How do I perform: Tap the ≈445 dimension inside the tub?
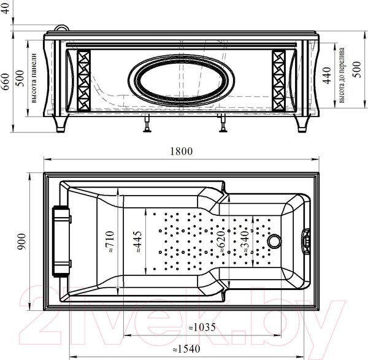pyautogui.click(x=139, y=243)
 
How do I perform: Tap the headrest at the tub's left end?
pyautogui.click(x=61, y=241)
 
